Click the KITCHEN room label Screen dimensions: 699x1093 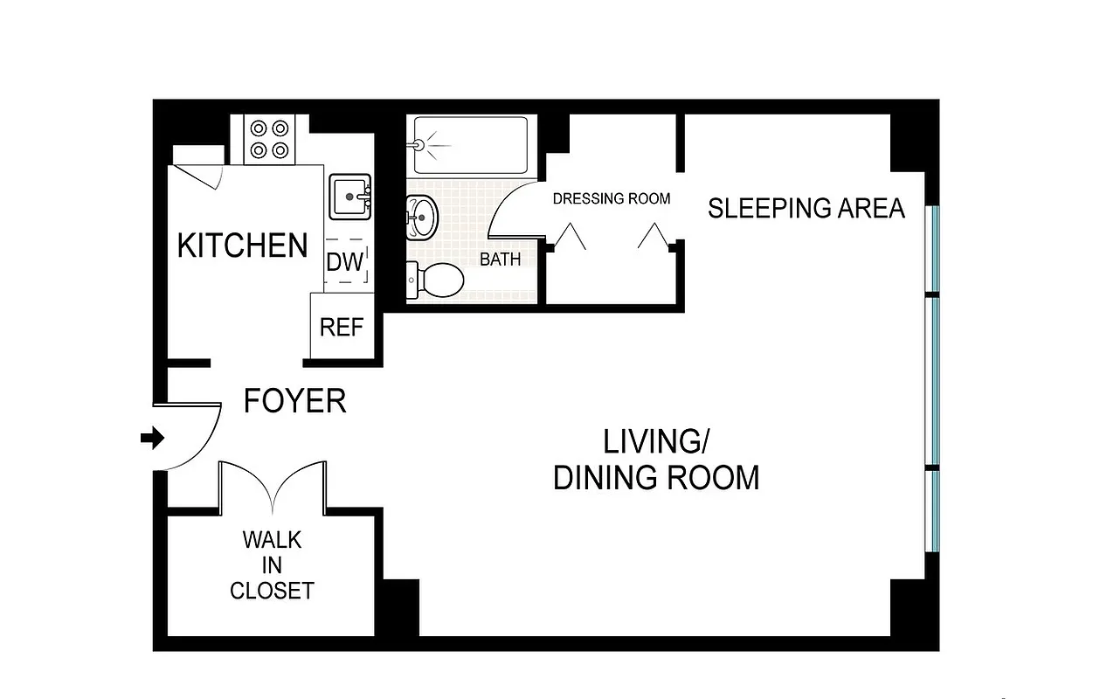(243, 246)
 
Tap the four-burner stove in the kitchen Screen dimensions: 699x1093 (269, 139)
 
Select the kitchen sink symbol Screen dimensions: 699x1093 (350, 197)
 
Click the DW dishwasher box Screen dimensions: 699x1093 (345, 262)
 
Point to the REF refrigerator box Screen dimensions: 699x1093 (341, 327)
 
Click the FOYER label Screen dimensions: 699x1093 (294, 401)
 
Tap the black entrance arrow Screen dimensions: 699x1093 (153, 439)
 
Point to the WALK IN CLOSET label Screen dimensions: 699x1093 (272, 565)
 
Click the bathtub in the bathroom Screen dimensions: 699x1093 (470, 145)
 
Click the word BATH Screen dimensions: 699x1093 (500, 260)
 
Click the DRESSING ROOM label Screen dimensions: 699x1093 (612, 198)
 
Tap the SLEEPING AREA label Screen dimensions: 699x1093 (806, 209)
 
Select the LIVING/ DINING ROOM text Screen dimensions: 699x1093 (656, 460)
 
